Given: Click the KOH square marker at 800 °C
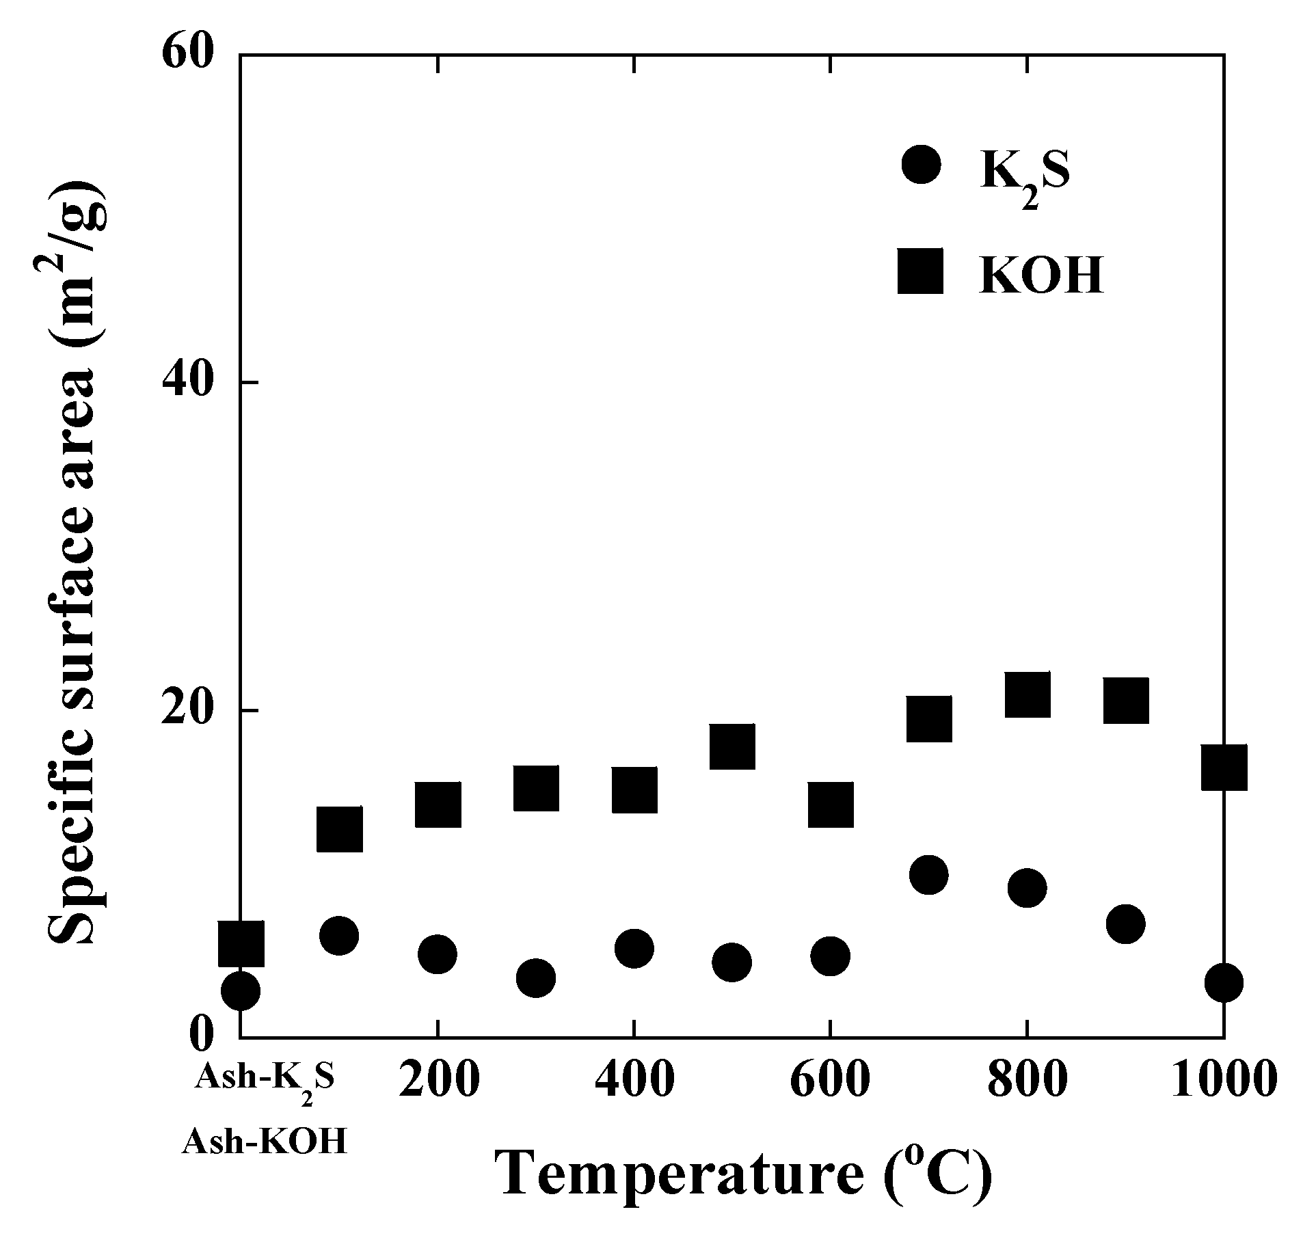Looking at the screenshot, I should tap(1028, 694).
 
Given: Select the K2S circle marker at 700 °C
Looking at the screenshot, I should tap(928, 874).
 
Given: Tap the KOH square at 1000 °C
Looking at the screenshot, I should tap(1224, 767).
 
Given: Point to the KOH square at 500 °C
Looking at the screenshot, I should tap(731, 746).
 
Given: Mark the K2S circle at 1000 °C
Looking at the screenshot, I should tap(1224, 983).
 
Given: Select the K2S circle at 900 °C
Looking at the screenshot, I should tap(1125, 924).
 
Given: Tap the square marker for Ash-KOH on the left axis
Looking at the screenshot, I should tap(241, 943).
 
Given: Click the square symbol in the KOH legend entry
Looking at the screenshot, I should tap(920, 271).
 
